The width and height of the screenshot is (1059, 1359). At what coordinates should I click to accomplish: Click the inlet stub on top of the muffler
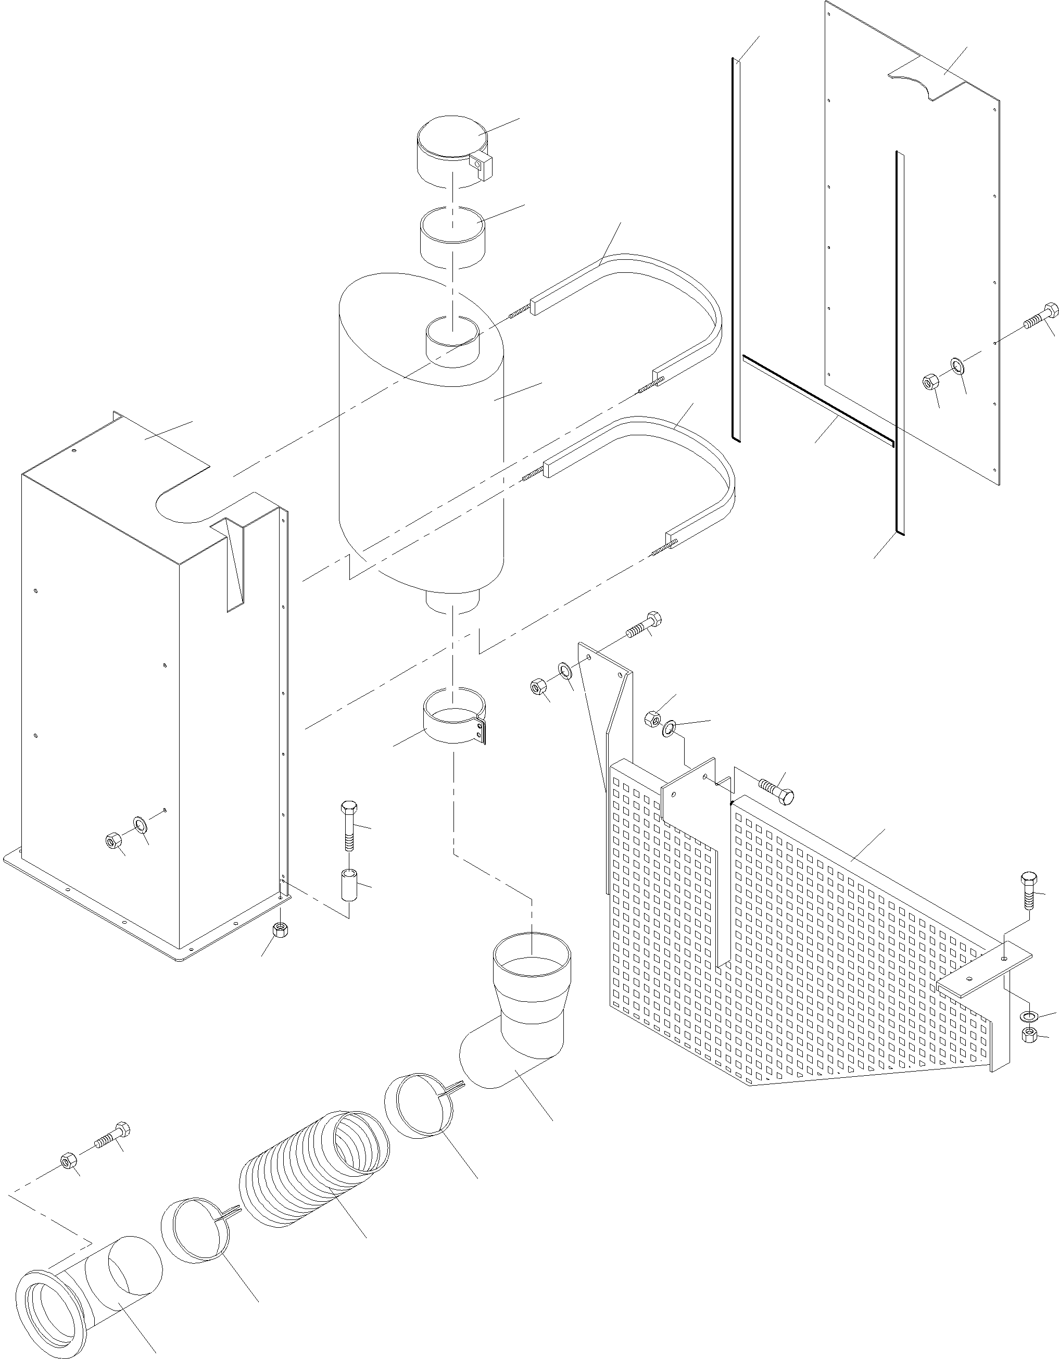click(x=453, y=341)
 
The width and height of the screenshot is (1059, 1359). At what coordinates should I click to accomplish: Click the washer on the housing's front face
click(x=141, y=826)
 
